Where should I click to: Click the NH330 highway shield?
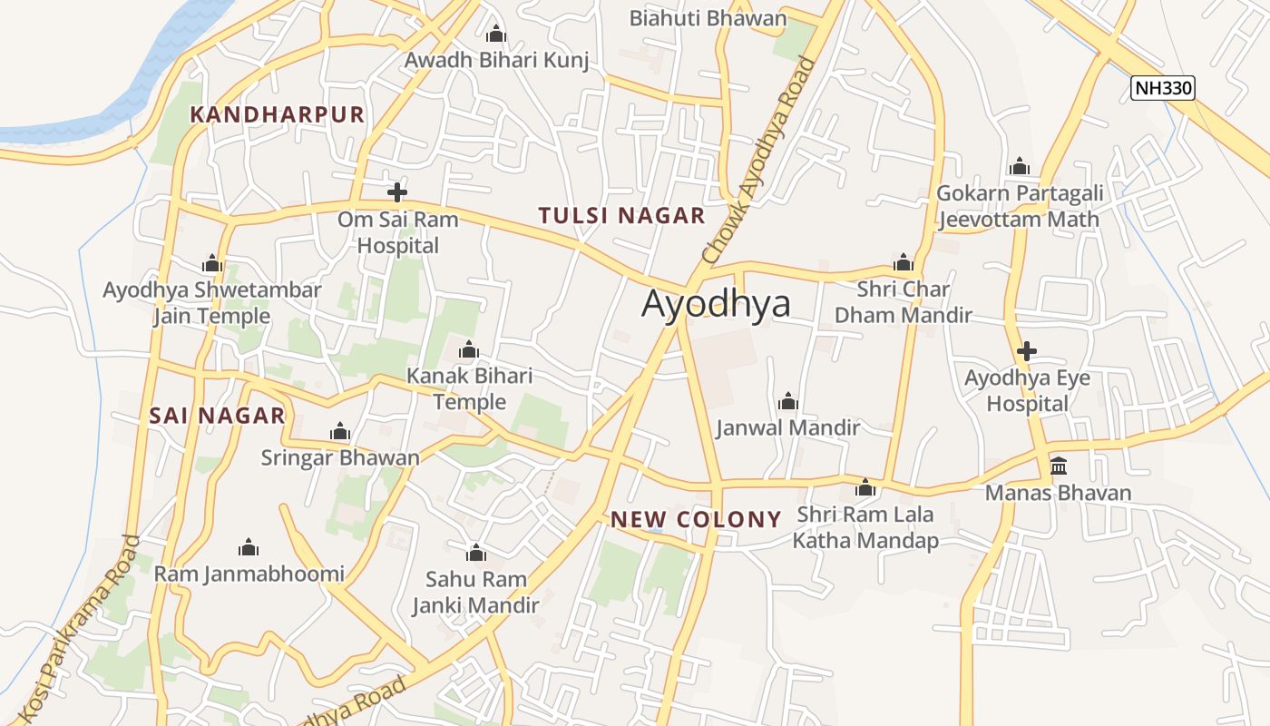[1163, 88]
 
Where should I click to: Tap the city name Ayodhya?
[716, 304]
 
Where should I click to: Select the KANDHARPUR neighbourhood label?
[277, 114]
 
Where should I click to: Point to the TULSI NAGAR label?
[621, 216]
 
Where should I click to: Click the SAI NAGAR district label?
[217, 416]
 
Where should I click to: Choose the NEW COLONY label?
[696, 520]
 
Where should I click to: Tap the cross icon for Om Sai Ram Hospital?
[396, 192]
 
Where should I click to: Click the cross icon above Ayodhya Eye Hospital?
[1027, 351]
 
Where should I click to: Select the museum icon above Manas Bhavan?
[1058, 466]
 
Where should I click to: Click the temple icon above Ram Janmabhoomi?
[249, 547]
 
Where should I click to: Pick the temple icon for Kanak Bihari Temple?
[469, 349]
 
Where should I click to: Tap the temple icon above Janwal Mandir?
[787, 401]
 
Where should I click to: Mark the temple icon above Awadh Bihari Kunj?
[495, 34]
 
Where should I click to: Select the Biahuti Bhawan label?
[708, 18]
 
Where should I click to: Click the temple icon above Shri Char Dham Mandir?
[903, 263]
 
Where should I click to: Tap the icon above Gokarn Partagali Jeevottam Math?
[1020, 167]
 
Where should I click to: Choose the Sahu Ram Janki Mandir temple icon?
[475, 553]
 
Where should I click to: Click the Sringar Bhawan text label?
[340, 457]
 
